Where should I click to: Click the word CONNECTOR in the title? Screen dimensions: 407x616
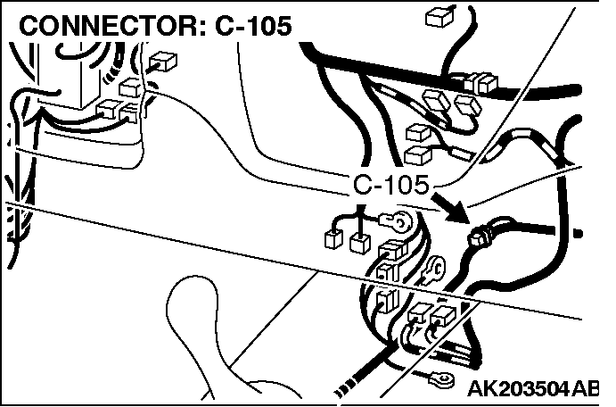106,26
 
